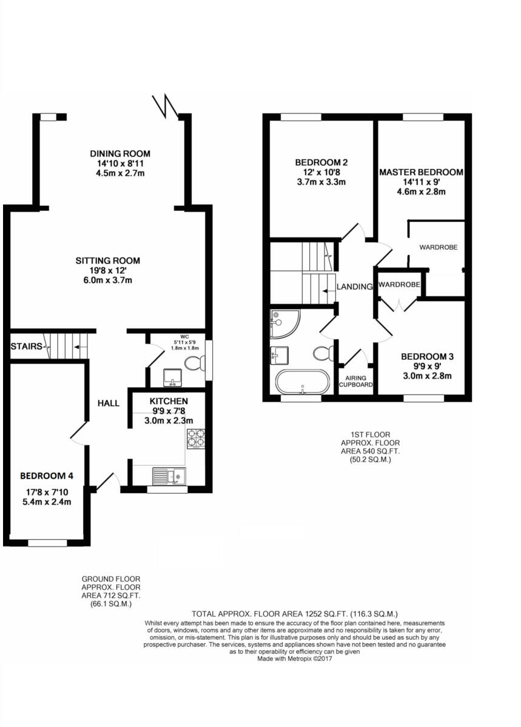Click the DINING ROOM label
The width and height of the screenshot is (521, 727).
[119, 154]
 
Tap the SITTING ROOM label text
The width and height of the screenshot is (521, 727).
[107, 261]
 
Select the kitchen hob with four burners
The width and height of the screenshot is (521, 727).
[197, 438]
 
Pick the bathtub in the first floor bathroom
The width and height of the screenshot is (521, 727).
[302, 382]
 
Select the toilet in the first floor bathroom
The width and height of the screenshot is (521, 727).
[323, 353]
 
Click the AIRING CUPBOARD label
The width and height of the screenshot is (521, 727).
[355, 380]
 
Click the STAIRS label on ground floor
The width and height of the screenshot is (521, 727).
[26, 347]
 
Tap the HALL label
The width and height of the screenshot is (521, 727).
[107, 403]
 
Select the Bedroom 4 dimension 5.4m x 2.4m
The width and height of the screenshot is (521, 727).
[47, 502]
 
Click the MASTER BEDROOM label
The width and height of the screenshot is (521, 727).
[421, 172]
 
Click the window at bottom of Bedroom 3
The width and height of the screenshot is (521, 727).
[423, 399]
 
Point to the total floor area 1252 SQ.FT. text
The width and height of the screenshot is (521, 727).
[294, 613]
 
